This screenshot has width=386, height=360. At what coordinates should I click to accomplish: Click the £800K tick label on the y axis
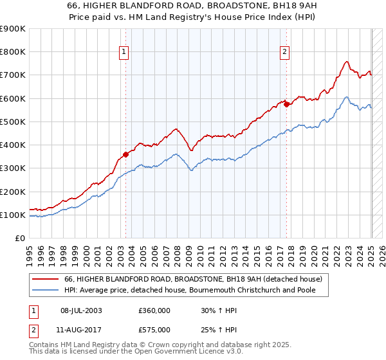(13, 52)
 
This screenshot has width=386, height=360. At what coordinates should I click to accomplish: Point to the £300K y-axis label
(13, 168)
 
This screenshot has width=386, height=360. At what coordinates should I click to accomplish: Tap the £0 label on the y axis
(21, 239)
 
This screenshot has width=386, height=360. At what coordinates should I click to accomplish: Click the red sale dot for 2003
(126, 154)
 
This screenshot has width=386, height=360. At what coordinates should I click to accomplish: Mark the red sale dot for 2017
(286, 104)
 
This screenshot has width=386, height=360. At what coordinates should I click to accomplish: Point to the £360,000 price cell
(154, 310)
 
